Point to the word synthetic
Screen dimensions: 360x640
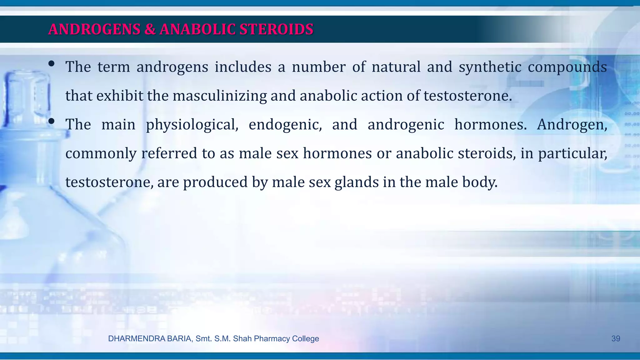pyautogui.click(x=490, y=67)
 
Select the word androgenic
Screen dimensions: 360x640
pyautogui.click(x=406, y=125)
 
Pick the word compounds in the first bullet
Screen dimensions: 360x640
pyautogui.click(x=567, y=67)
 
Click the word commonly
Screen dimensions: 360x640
pyautogui.click(x=101, y=153)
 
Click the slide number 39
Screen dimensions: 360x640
pyautogui.click(x=616, y=338)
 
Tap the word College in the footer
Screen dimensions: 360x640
pyautogui.click(x=305, y=338)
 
